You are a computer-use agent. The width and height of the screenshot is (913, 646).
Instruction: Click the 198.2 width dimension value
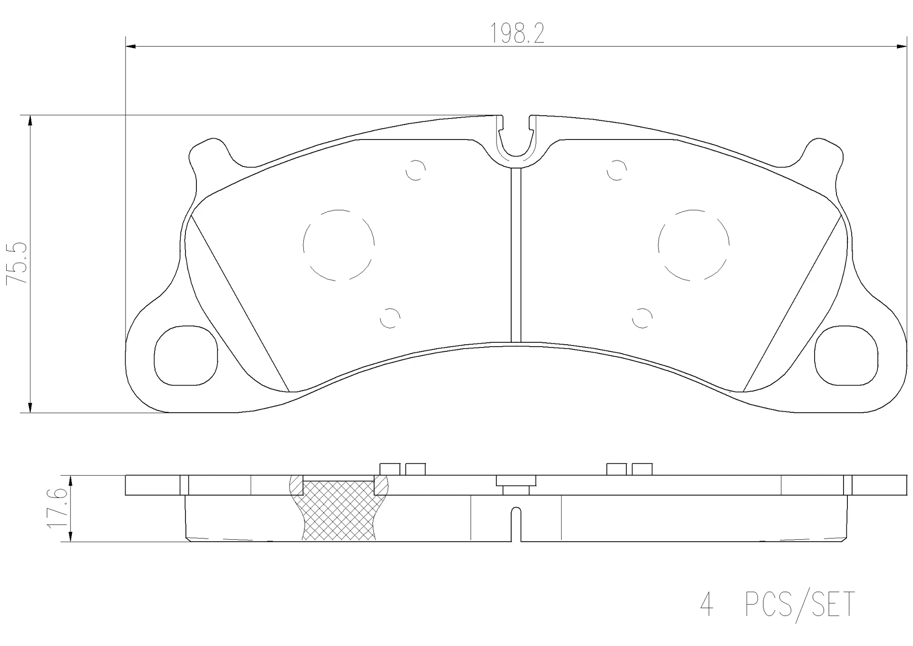517,34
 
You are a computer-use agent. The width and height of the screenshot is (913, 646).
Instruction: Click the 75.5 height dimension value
17,263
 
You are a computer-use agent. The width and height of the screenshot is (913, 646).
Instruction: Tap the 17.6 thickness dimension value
56,508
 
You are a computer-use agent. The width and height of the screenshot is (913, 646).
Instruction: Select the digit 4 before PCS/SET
707,604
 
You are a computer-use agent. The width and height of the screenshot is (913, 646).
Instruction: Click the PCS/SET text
800,605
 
